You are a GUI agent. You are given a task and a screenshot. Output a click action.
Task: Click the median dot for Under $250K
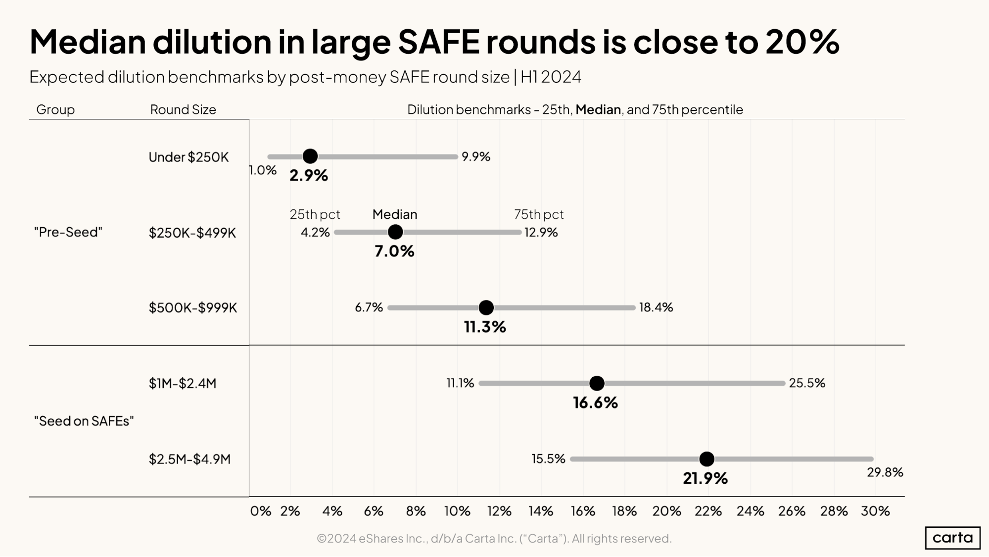[x=310, y=156]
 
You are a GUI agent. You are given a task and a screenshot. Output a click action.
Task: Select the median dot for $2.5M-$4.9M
[x=706, y=459]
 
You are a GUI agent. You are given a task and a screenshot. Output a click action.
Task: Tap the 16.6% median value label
[x=595, y=403]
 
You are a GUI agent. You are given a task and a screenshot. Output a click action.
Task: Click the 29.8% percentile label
[x=885, y=472]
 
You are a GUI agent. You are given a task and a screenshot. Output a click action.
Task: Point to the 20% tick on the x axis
[x=666, y=511]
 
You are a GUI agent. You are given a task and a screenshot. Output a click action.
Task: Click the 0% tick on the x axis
[x=260, y=511]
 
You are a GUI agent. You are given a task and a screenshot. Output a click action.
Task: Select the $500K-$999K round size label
[x=193, y=307]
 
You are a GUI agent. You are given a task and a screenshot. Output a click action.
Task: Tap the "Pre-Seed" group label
[x=68, y=232]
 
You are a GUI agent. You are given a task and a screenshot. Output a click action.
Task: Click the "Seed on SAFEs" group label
[x=84, y=421]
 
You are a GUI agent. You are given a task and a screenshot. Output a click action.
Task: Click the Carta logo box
[x=952, y=538]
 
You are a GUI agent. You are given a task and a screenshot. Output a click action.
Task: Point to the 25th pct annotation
[x=315, y=214]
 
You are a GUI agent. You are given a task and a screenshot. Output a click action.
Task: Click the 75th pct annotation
[x=538, y=214]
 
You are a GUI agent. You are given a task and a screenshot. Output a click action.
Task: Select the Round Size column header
[x=183, y=109]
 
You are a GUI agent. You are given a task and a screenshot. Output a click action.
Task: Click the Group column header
[x=55, y=109]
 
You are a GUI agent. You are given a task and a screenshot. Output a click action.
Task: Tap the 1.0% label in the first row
[x=263, y=170]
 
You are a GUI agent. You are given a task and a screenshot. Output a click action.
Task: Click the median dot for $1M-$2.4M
[x=597, y=383]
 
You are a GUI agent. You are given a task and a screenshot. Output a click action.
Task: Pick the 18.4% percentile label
[x=656, y=307]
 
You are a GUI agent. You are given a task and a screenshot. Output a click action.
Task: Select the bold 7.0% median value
[x=394, y=251]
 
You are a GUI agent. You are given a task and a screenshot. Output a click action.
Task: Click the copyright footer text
[x=494, y=538]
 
